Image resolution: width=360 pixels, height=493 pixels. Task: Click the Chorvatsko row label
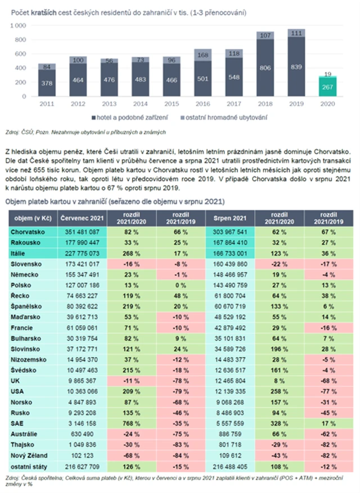point(28,231)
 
